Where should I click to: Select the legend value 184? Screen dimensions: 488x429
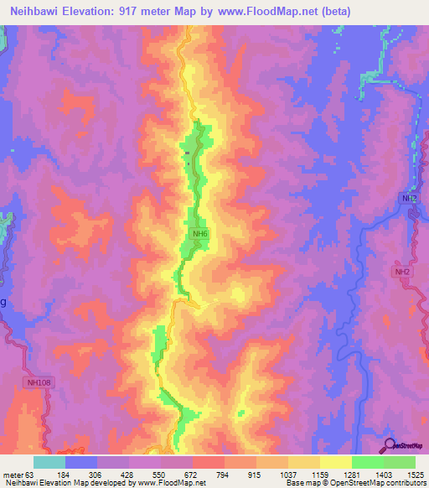[65, 475]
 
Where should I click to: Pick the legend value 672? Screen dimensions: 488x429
[192, 475]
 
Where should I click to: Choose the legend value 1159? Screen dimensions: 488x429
[319, 475]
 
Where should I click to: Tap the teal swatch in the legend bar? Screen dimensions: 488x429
[49, 462]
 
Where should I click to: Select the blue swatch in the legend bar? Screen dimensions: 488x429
[80, 462]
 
